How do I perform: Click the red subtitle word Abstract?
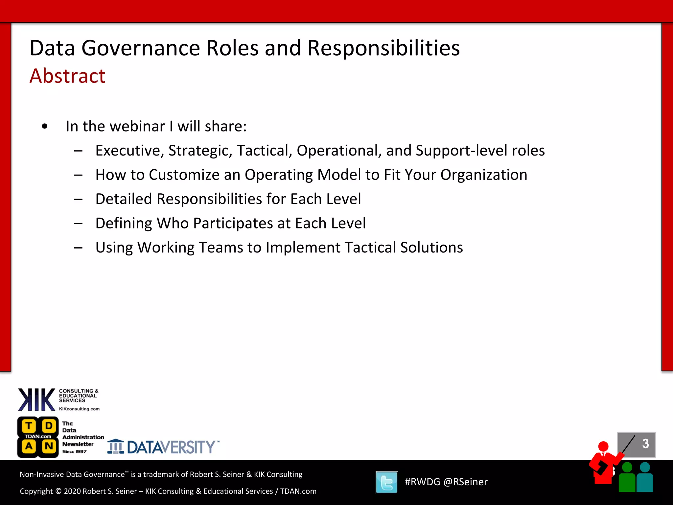point(67,76)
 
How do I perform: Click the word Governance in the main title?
point(140,48)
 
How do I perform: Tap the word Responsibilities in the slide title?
point(383,48)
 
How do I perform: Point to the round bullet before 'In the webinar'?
point(45,126)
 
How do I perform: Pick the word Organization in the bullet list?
point(484,175)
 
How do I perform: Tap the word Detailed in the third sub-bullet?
point(124,199)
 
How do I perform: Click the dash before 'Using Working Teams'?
point(78,248)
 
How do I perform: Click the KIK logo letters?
point(36,399)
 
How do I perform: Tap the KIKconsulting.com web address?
point(79,409)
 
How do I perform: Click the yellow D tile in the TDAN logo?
point(49,426)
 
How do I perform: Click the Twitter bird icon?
point(386,482)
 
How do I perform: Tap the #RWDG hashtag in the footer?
point(422,482)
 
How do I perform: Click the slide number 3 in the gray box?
point(645,444)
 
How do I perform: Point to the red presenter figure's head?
point(603,446)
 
